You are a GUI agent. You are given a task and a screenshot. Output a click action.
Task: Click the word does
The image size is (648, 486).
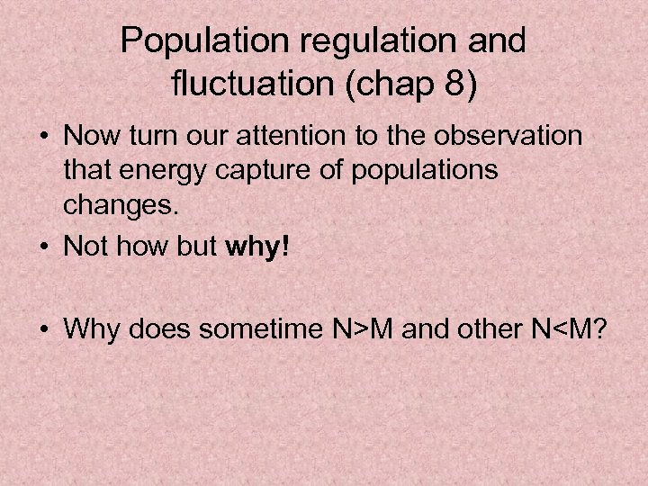click(x=161, y=330)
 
